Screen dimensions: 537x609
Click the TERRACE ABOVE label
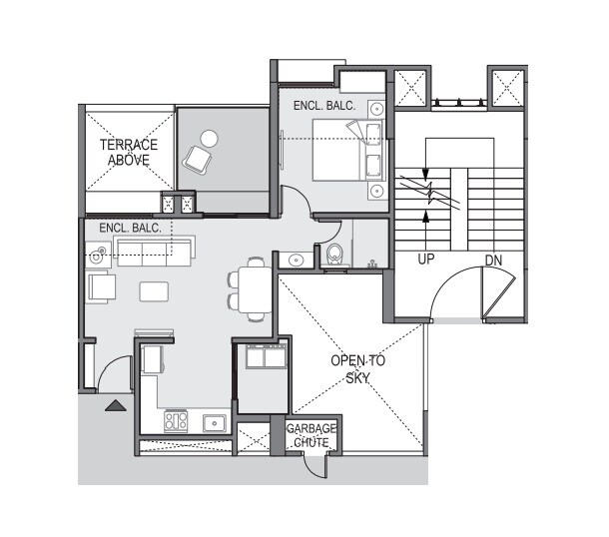click(128, 151)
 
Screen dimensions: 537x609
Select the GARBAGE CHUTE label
click(311, 435)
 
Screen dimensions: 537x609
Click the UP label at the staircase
click(426, 261)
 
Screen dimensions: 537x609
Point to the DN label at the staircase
click(493, 261)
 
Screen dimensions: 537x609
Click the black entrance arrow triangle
click(116, 405)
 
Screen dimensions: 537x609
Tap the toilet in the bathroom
click(334, 255)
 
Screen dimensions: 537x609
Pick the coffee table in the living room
click(155, 291)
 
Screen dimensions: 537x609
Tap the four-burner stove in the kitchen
click(176, 421)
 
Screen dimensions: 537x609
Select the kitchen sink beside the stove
click(215, 423)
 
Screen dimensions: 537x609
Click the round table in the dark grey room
click(209, 139)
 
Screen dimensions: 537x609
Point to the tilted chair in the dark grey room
click(196, 160)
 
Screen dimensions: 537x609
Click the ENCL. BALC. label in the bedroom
click(318, 105)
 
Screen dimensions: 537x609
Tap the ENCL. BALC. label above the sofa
click(130, 229)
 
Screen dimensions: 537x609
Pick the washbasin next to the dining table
click(296, 261)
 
